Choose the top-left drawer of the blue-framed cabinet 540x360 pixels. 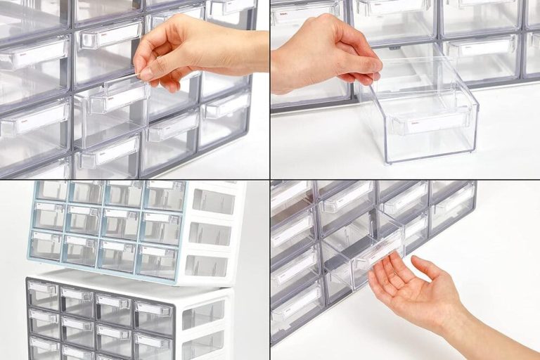51,191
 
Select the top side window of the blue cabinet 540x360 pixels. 214,202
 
